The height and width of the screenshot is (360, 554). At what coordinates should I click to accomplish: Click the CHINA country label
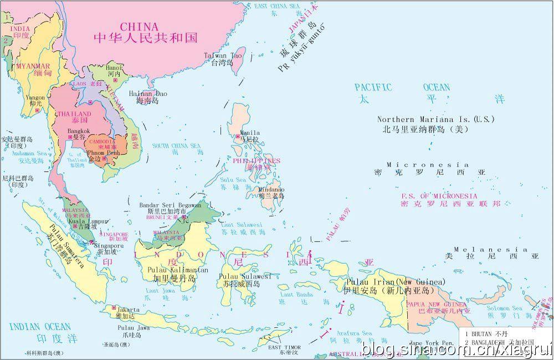coord(140,26)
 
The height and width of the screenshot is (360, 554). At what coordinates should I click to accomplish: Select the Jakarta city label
coord(128,309)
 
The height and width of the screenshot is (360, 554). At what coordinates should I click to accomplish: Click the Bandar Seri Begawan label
coord(171,205)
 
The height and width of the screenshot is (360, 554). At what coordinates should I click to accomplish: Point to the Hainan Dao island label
coord(147,94)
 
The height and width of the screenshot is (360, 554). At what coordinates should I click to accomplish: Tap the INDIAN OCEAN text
coord(40,326)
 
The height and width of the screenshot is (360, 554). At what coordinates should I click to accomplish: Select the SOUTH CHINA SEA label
coord(177,146)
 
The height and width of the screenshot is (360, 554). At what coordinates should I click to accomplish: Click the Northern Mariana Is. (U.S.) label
coord(424,119)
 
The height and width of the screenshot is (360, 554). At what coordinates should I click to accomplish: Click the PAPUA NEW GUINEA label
coord(436,305)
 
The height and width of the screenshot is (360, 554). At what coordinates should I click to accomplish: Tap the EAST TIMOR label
coord(284,347)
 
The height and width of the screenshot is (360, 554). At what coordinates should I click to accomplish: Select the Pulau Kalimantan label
coord(178,270)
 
